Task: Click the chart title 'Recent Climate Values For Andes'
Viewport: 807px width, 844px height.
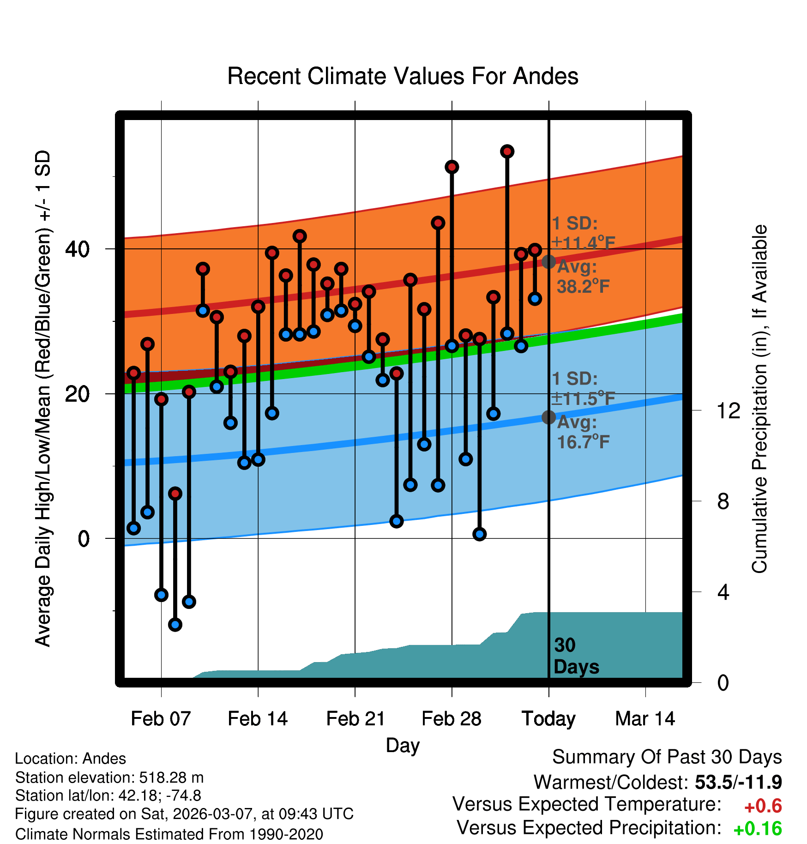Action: pos(403,76)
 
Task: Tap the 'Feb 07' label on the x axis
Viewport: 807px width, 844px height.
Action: pos(161,718)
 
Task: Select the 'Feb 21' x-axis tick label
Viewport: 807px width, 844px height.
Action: pos(355,718)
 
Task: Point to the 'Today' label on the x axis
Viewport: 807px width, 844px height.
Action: pos(548,718)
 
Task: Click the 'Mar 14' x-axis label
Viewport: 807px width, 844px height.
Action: pos(645,718)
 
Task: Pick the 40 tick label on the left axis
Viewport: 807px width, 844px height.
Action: pos(77,249)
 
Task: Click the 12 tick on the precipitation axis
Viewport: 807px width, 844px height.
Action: pos(728,410)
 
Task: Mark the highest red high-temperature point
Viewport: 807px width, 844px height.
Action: pos(507,151)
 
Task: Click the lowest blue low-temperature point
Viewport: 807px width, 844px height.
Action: pos(175,625)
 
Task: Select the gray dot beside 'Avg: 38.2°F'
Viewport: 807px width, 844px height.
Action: pos(548,262)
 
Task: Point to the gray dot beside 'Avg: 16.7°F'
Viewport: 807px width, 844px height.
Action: pos(548,417)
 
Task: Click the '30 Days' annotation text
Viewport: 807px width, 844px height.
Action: pos(576,656)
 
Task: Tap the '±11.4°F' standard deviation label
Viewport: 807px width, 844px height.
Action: pos(584,242)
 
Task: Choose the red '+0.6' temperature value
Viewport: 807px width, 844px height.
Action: pos(763,806)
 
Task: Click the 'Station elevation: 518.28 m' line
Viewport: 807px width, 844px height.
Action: pos(109,778)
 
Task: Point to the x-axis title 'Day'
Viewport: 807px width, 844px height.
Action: pos(403,745)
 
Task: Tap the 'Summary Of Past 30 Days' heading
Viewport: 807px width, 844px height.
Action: pos(667,757)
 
